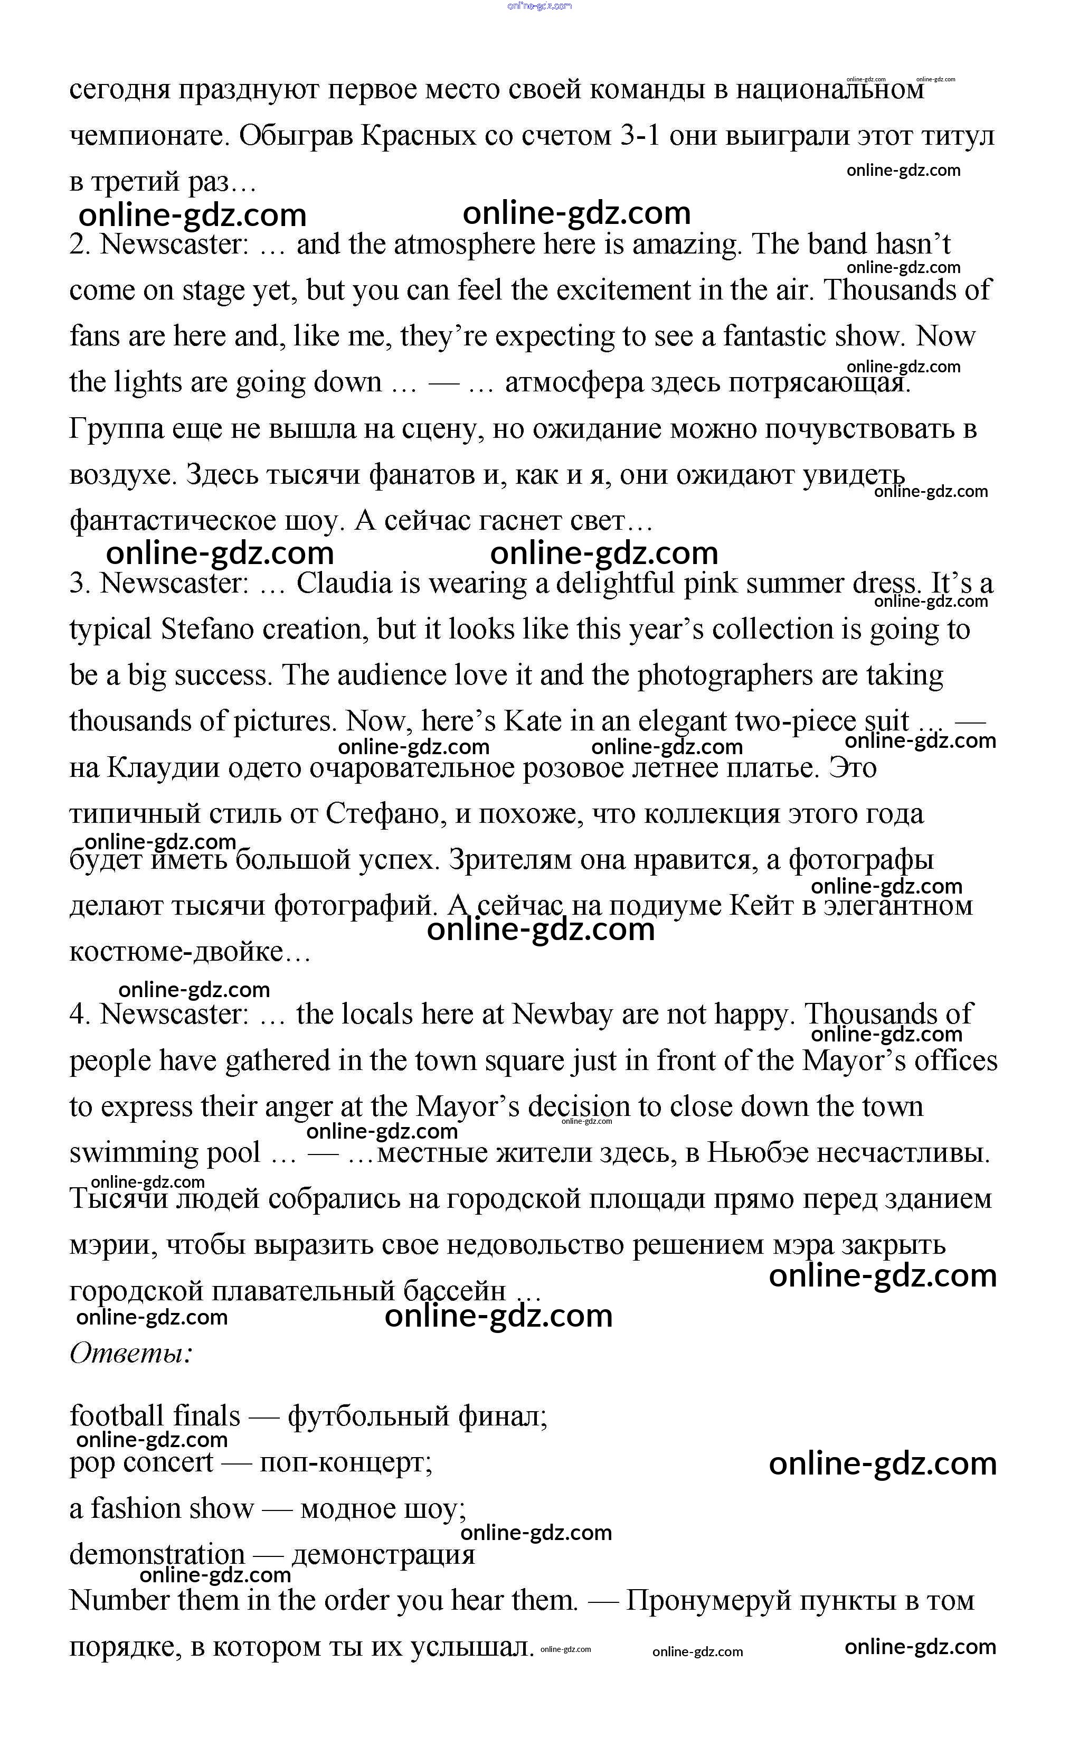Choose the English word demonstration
coord(156,1555)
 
